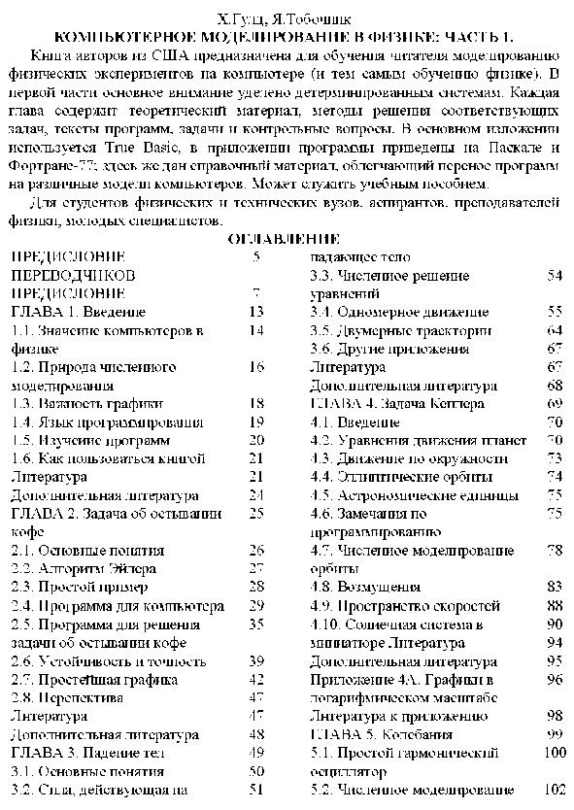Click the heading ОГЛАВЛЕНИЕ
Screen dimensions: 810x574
(284, 239)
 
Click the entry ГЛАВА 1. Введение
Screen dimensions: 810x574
(78, 312)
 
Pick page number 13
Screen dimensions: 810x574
(256, 312)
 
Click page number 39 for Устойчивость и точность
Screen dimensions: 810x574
(256, 660)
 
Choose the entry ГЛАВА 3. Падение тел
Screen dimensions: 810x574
(87, 752)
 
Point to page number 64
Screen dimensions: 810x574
(555, 330)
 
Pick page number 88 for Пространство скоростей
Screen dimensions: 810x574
(555, 605)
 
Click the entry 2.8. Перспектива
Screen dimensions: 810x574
(67, 697)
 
